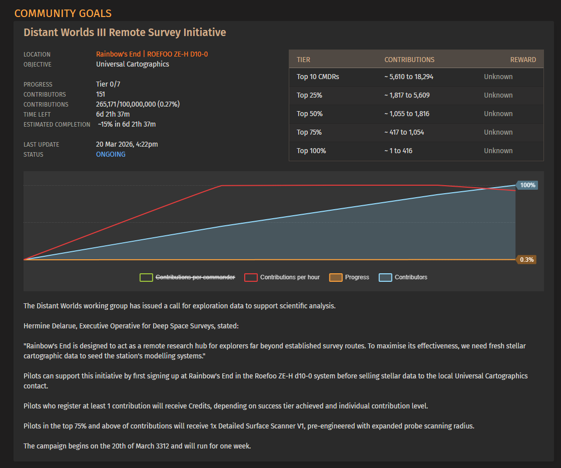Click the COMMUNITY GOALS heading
coord(63,13)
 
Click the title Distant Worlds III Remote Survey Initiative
coord(125,32)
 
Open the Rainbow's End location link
coord(118,54)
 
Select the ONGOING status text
coord(111,154)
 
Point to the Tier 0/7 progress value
coord(108,84)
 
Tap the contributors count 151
coord(101,94)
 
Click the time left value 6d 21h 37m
coord(113,114)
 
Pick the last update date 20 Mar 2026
coord(114,144)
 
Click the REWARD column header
coord(523,60)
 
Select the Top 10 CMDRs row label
coord(318,77)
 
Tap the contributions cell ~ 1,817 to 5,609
coord(407,95)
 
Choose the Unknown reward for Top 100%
coord(498,151)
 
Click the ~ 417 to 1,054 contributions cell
coord(404,132)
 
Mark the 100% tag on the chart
coord(527,185)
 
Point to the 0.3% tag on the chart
coord(526,259)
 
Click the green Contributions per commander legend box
coord(146,277)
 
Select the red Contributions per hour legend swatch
coord(251,277)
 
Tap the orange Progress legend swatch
coord(336,277)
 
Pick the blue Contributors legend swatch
coord(385,277)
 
